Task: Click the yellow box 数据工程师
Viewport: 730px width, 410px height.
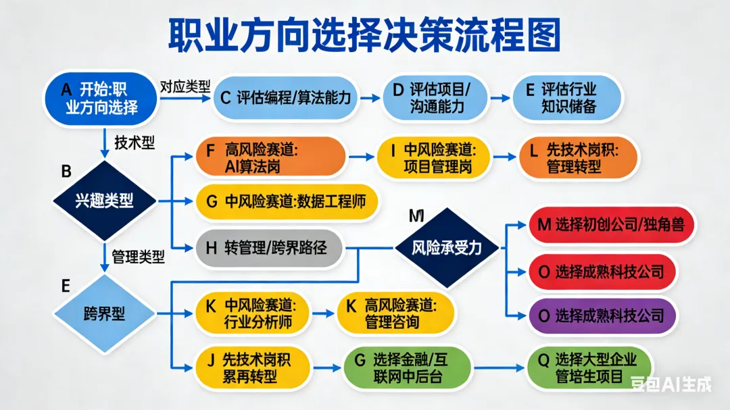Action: pos(285,201)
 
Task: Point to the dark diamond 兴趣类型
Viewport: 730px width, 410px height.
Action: pos(104,201)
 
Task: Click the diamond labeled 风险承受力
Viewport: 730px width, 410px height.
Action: pos(447,248)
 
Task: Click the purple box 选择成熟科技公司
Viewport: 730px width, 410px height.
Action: pos(602,315)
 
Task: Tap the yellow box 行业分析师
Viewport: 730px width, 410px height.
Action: pos(253,313)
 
